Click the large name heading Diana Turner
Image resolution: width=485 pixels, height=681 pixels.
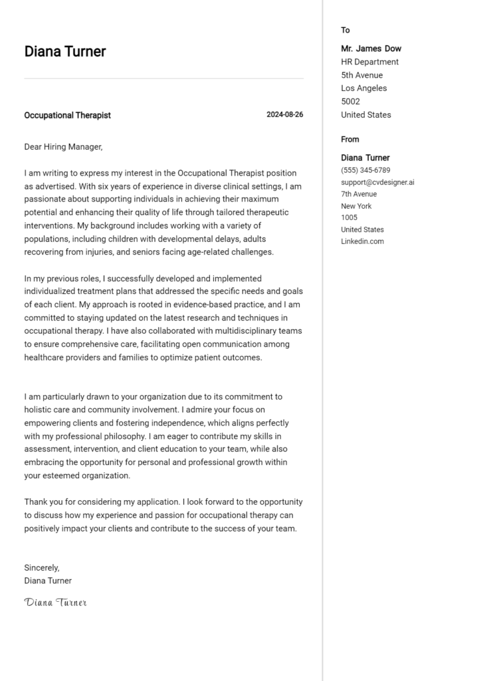65,52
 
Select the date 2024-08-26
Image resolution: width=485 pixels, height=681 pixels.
284,114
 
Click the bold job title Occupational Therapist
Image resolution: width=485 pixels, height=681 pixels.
67,115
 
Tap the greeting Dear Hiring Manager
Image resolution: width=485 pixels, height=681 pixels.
64,147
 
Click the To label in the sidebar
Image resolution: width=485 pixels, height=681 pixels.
345,30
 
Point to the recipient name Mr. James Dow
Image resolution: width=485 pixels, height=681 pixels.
371,49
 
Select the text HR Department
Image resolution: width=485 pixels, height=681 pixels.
369,62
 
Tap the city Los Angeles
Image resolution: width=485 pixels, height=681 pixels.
363,88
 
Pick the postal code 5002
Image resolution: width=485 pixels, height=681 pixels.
350,102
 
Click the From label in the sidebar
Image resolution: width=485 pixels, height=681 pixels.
349,139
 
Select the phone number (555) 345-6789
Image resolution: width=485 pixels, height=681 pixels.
365,170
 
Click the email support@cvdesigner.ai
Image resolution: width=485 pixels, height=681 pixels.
377,182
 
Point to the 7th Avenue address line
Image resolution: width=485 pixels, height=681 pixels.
359,194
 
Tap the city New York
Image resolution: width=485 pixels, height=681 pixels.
356,206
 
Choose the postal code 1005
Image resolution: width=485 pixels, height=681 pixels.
349,217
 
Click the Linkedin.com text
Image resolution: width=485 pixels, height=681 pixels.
362,241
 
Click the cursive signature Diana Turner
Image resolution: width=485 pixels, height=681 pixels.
56,603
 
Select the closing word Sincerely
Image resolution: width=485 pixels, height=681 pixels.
41,568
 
